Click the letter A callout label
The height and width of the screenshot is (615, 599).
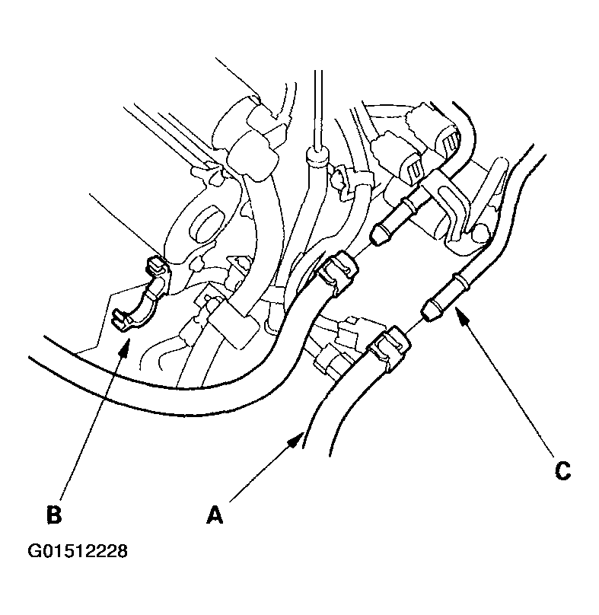point(215,515)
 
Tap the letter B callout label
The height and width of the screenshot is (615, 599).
point(54,515)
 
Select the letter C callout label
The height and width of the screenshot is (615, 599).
point(563,470)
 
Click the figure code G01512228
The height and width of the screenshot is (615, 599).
point(78,550)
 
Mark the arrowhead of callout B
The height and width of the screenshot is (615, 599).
point(125,346)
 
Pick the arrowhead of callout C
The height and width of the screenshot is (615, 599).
point(462,316)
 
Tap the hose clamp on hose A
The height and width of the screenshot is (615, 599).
point(389,347)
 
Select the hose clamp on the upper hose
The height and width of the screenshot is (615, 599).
point(337,272)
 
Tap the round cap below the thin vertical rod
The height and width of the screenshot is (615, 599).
point(317,156)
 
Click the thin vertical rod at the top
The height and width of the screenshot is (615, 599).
point(318,109)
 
